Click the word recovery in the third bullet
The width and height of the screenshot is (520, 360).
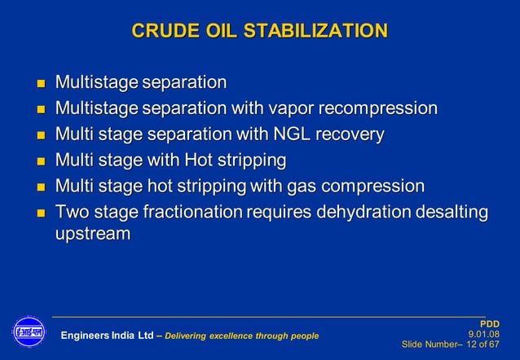coord(355,134)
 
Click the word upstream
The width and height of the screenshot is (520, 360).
coord(92,234)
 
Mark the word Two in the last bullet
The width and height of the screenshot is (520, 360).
coord(71,212)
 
